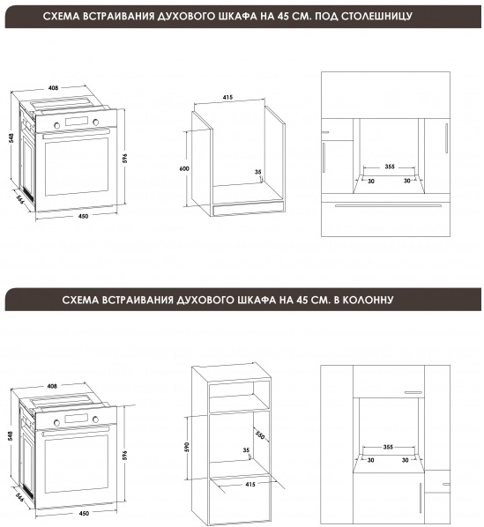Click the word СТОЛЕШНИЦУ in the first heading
coord(376,16)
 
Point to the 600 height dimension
coord(184,168)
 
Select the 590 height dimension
coord(187,447)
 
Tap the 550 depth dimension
coord(260,434)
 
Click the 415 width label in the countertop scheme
coord(227,98)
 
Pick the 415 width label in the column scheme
coord(250,485)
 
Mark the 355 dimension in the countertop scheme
coord(390,167)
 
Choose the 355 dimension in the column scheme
coord(388,447)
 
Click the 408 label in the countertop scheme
coord(53,88)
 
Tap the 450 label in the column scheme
coord(84,513)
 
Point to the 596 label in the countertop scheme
coord(124,158)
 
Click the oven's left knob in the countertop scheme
coord(57,125)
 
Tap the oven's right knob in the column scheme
coord(96,419)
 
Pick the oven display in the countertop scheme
coord(77,122)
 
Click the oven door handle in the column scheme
coord(77,432)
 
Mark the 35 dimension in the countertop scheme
coord(257,172)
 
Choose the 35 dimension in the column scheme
coord(246,450)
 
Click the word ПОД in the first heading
coord(326,16)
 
